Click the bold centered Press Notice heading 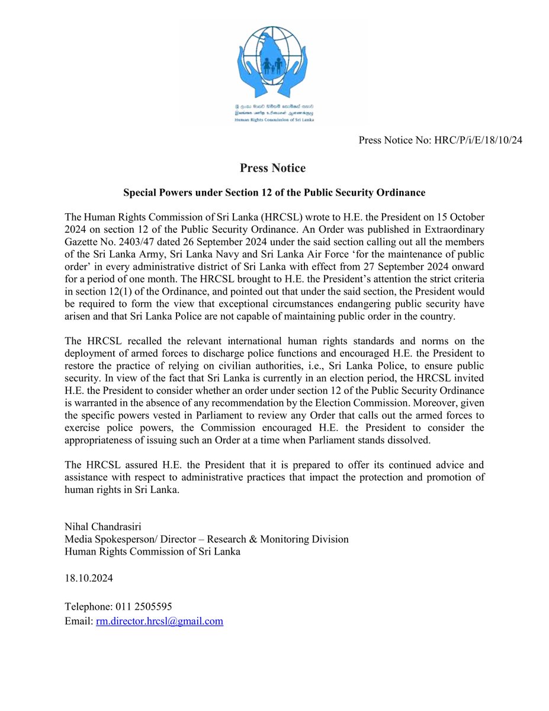pos(272,168)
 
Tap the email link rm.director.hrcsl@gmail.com pos(159,621)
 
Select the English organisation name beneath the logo pos(273,118)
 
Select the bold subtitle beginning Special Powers pos(274,193)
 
